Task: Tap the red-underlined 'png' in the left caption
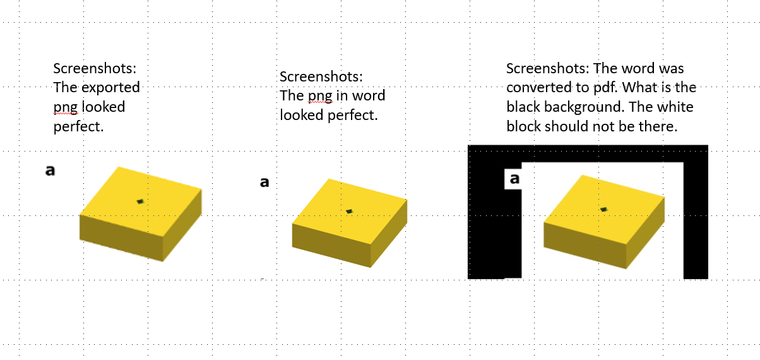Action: point(64,107)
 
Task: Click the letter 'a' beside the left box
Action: point(49,170)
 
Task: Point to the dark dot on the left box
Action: point(140,201)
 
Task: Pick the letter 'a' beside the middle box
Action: point(264,183)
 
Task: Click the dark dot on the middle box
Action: point(349,211)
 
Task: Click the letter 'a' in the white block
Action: point(514,179)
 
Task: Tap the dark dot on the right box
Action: point(604,209)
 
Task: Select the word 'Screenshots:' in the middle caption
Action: point(321,76)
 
